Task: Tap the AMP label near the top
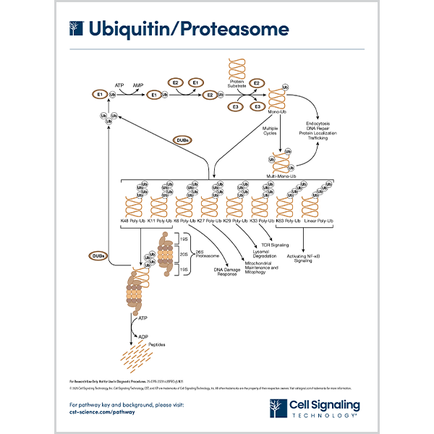pyautogui.click(x=137, y=85)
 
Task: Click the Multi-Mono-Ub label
pyautogui.click(x=281, y=175)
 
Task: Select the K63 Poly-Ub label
pyautogui.click(x=289, y=220)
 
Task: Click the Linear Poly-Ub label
pyautogui.click(x=318, y=220)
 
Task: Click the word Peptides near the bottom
pyautogui.click(x=157, y=344)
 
